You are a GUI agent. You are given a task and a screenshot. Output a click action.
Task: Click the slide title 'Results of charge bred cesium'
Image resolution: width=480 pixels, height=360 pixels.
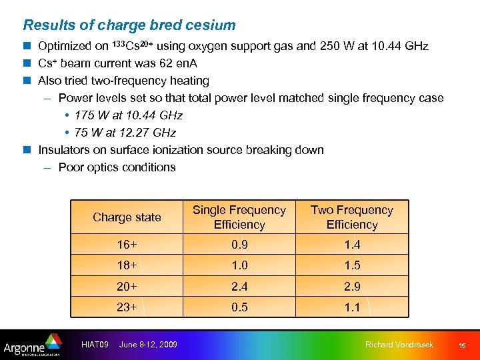129,25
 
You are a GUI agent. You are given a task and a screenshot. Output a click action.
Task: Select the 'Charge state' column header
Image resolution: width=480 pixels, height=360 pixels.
127,217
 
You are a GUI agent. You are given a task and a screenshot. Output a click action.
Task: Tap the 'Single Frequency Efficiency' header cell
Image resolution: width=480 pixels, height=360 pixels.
239,217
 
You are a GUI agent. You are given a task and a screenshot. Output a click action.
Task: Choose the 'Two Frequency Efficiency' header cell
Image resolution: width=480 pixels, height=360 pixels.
351,217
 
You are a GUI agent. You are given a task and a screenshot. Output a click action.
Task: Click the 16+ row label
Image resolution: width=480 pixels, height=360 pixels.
127,245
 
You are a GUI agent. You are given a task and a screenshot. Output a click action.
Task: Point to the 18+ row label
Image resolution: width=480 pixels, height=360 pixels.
127,265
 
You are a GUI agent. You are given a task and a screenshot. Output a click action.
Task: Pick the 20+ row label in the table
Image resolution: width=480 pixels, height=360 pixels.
127,287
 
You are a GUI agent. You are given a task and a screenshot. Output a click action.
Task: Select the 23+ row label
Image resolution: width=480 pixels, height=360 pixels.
127,307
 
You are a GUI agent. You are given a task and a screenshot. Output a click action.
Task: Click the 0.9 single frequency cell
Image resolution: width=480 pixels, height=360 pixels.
239,245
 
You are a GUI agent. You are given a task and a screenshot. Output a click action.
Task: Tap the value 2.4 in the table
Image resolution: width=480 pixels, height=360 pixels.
239,287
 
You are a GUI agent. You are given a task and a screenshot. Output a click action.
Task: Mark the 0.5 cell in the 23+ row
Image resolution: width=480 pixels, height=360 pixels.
239,307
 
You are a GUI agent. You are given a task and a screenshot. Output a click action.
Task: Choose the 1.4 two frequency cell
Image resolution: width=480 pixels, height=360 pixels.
352,245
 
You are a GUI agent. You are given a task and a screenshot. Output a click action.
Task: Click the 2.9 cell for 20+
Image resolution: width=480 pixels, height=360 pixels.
352,287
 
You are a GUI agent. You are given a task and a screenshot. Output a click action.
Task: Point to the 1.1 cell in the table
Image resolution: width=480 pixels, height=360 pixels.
352,307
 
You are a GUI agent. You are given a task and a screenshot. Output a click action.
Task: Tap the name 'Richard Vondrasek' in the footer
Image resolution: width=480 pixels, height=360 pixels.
399,345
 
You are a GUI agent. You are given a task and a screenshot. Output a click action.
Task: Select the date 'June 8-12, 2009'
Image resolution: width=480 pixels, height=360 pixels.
148,345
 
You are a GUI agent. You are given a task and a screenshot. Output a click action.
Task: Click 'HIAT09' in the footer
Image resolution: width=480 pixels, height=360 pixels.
94,345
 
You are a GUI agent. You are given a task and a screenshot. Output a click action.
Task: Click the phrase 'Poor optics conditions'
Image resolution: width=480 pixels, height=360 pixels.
117,167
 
